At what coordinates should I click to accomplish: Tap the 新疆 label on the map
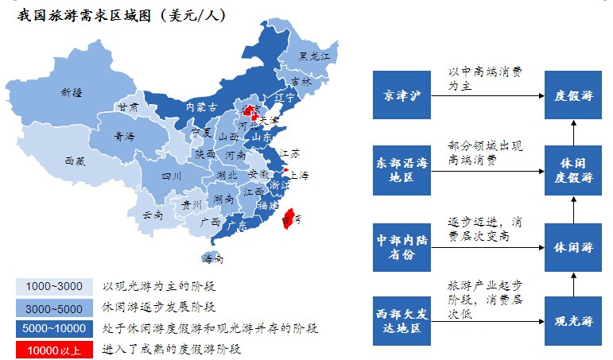pos(71,93)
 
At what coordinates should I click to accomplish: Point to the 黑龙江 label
pos(313,56)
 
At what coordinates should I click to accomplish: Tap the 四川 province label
pos(171,176)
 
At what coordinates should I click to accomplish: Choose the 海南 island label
pos(212,258)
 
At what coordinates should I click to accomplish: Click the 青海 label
pos(123,137)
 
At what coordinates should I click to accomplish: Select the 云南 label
pos(152,215)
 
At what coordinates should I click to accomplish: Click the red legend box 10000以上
pos(54,349)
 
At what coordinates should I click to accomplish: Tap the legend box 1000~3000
pos(54,286)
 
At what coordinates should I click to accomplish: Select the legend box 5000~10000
pos(54,327)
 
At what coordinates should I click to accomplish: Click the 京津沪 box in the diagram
pos(401,95)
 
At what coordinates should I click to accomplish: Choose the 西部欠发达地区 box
pos(401,320)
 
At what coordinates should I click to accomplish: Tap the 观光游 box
pos(573,320)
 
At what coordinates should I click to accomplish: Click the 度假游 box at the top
pos(573,95)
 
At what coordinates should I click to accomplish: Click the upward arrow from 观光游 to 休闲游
pos(573,283)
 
